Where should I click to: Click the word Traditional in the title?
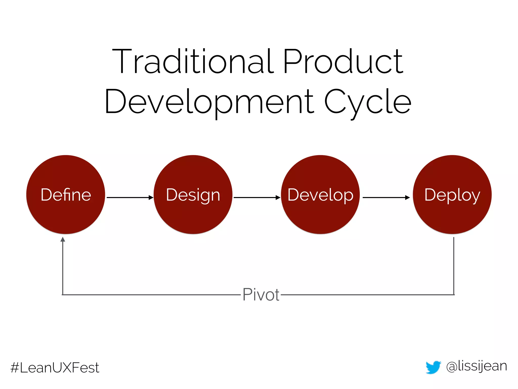coord(193,61)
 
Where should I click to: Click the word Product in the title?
coord(343,61)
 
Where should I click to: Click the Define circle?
coord(66,194)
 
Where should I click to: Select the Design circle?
coord(193,194)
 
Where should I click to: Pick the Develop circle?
coord(320,194)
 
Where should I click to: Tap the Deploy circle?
coord(452,194)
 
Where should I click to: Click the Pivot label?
coord(261,295)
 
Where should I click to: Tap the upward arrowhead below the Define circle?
coord(63,239)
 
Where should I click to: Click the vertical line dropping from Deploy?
coord(454,266)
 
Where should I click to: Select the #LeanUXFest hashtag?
coord(55,367)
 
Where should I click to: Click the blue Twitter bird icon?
coord(433,367)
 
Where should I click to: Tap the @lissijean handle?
coord(477,366)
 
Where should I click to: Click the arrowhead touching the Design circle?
coord(151,198)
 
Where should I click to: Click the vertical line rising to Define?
coord(63,268)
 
